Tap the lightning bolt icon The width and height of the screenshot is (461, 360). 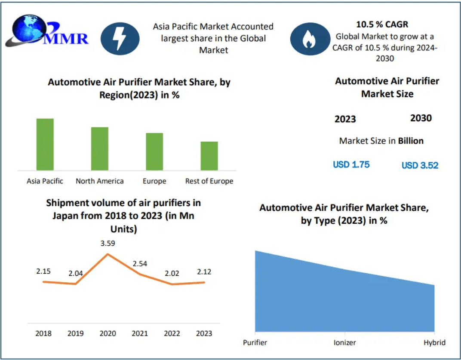(x=120, y=39)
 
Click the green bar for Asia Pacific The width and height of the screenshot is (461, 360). (x=45, y=144)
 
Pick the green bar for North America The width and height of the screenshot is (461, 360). (x=100, y=149)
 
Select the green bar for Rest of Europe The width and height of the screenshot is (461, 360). (x=209, y=156)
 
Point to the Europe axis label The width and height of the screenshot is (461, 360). (x=154, y=181)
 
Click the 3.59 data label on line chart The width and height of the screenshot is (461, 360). (x=108, y=243)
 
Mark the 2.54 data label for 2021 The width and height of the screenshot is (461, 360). (x=140, y=263)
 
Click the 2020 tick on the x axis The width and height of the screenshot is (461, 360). (x=108, y=333)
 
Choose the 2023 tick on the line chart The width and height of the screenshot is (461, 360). (x=204, y=333)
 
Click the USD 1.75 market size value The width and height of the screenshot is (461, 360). (x=351, y=165)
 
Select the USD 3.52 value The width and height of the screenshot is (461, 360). (x=420, y=165)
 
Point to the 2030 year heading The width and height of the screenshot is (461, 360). (x=421, y=118)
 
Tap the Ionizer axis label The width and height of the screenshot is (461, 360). (x=345, y=342)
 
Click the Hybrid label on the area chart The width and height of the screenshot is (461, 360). (x=434, y=342)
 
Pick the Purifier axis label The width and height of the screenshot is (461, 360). (x=255, y=342)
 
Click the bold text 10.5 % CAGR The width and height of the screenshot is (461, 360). (x=382, y=24)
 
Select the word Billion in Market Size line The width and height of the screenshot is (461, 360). (x=411, y=140)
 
